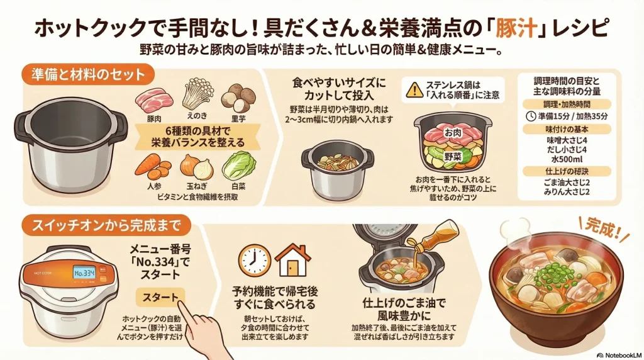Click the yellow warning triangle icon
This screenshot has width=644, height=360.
point(414,89)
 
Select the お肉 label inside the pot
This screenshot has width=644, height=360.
point(453,133)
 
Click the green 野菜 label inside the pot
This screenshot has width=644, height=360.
point(455,155)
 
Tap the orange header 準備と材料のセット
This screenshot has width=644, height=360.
point(87,74)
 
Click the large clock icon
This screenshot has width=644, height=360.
point(254,259)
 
